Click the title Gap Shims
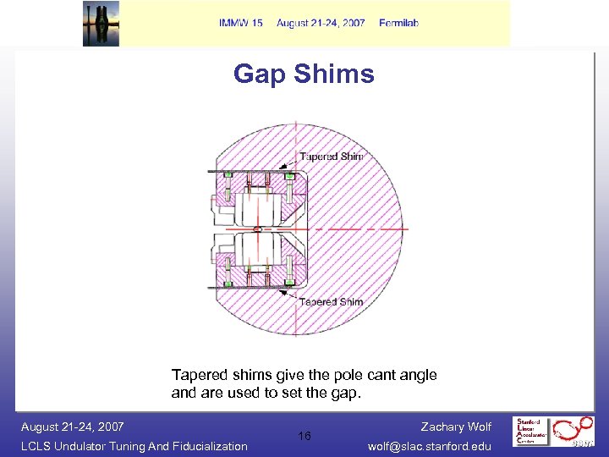point(304,74)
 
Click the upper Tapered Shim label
point(331,157)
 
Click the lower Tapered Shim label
point(331,301)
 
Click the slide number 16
point(304,436)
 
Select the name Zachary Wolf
point(456,427)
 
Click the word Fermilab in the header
point(399,23)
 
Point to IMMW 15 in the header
point(241,23)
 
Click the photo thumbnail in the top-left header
point(101,23)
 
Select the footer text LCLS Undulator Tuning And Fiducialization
point(134,446)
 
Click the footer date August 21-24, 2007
point(73,427)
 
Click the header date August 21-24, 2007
point(321,23)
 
